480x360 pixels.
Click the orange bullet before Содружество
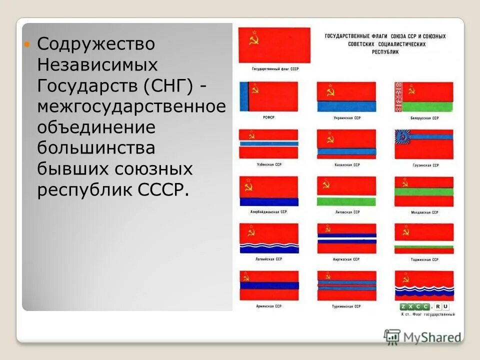[x=28, y=44]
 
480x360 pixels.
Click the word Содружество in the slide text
[x=96, y=44]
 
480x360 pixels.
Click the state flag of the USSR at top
[x=274, y=44]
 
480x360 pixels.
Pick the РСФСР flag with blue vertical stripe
[x=268, y=96]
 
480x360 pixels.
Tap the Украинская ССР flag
[x=346, y=96]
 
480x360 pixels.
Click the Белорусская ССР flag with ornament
[x=424, y=96]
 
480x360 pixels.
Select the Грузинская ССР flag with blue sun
[x=424, y=144]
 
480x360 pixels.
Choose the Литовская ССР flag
[x=346, y=191]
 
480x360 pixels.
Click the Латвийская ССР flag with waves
[x=268, y=238]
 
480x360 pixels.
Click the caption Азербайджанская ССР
[x=269, y=212]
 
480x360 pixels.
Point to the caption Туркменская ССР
[x=347, y=306]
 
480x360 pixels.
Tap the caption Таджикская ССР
[x=424, y=259]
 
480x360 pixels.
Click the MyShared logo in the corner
[x=423, y=336]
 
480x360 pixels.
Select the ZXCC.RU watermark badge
[x=424, y=306]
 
